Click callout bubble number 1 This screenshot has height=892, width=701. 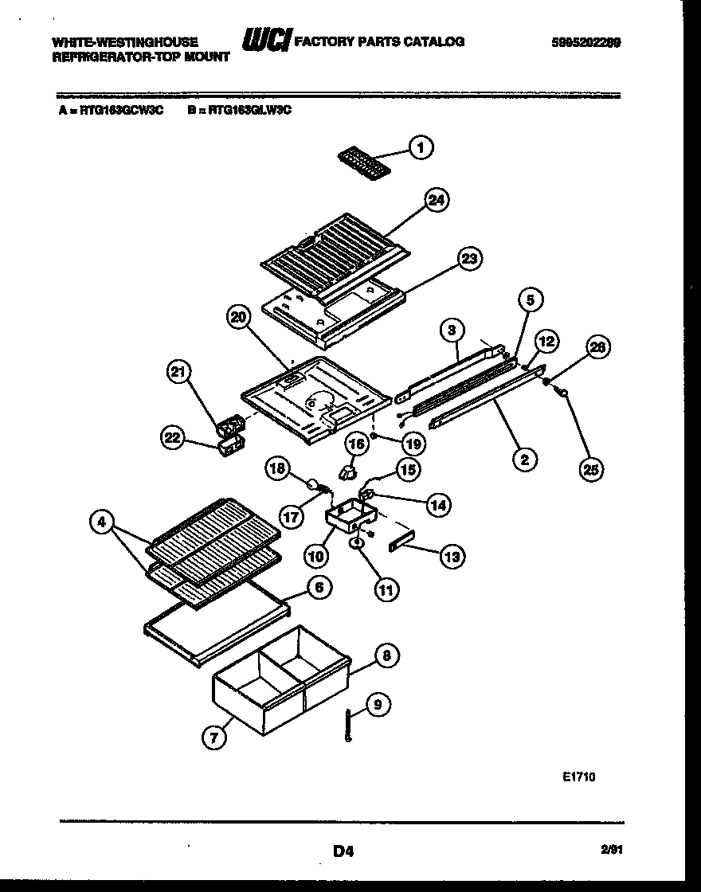point(421,147)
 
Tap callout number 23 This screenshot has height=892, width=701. point(470,258)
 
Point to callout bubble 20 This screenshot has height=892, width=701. point(237,318)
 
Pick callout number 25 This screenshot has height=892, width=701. point(591,470)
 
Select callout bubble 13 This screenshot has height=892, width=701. point(452,557)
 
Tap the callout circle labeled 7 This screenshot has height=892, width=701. point(213,737)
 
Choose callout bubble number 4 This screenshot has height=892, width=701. point(101,523)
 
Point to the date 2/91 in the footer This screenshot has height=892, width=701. point(612,851)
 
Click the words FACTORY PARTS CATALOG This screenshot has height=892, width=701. point(379,41)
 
